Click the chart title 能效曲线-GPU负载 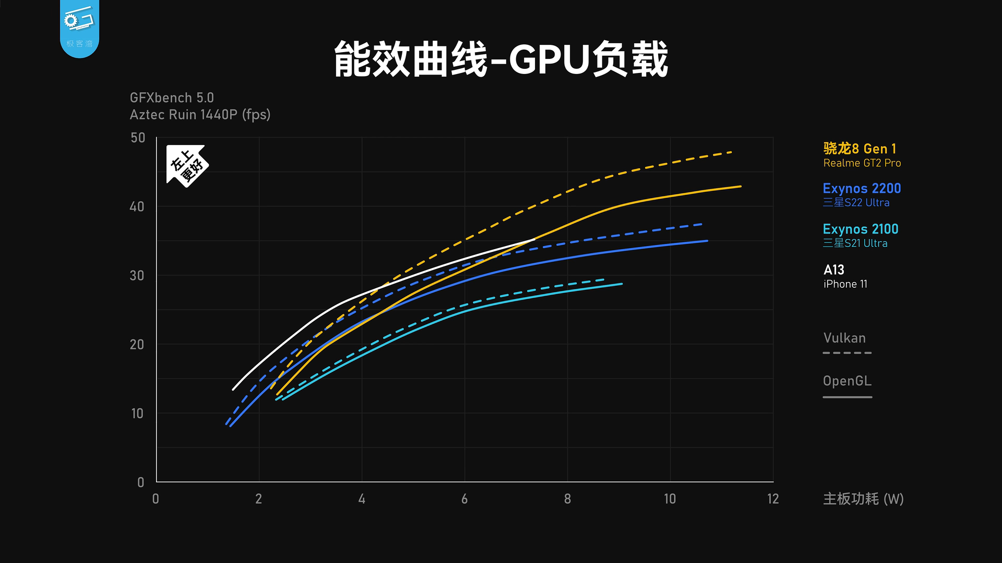point(501,59)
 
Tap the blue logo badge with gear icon point(79,26)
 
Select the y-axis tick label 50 point(138,138)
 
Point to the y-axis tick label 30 point(137,275)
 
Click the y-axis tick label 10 point(137,413)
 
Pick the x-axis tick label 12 point(773,499)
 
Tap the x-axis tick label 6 point(464,499)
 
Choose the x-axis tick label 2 point(259,499)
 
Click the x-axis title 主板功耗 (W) point(863,499)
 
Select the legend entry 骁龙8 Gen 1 point(860,149)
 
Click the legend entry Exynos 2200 point(862,189)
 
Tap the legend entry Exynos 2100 point(861,229)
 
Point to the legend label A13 point(834,270)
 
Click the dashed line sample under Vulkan point(847,353)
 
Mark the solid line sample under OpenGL point(847,397)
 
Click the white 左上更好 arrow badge point(186,165)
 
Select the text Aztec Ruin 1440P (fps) point(200,115)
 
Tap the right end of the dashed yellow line point(731,152)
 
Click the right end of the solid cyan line point(621,284)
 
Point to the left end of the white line point(233,389)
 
